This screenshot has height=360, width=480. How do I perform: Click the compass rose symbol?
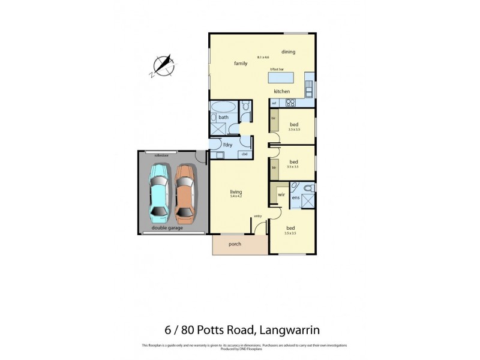coord(163,66)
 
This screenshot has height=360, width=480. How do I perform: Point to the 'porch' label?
coord(235,244)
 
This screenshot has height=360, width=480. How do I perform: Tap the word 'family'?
coord(241,63)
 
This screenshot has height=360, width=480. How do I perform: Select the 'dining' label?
coord(288,52)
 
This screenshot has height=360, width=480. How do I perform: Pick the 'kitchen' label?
coord(282,91)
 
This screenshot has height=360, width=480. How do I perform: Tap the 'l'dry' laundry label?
coord(228,145)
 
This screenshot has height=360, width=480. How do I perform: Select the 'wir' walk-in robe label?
coord(280,195)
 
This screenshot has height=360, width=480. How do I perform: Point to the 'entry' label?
coord(258,216)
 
